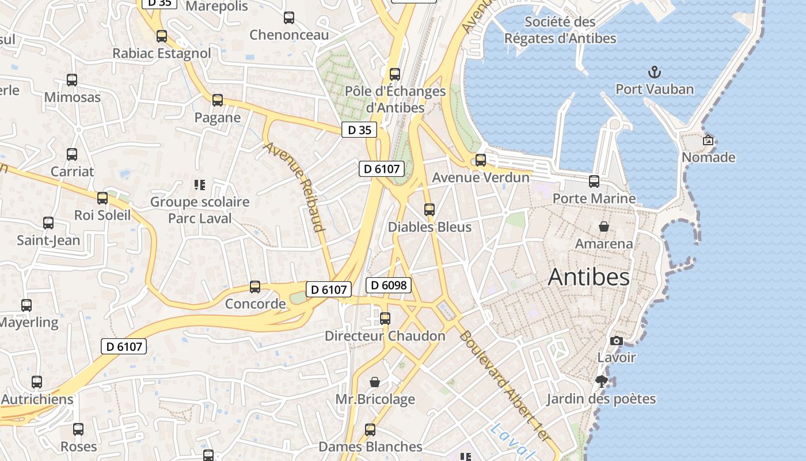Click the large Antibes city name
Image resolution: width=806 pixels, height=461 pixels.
click(x=588, y=277)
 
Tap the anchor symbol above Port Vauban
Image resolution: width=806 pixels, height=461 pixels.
click(x=654, y=72)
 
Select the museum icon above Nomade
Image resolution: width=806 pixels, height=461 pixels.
click(x=708, y=139)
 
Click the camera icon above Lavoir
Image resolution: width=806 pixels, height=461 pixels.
click(x=616, y=341)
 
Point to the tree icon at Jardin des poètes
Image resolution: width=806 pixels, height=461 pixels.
click(x=602, y=381)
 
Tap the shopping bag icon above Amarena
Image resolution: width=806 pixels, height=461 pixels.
click(x=604, y=226)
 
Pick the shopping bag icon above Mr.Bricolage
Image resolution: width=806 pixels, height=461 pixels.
click(x=375, y=381)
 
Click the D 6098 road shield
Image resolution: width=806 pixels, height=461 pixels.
click(x=389, y=285)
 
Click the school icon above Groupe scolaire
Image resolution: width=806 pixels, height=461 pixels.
click(x=200, y=185)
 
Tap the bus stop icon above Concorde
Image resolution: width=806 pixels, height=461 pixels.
click(x=255, y=286)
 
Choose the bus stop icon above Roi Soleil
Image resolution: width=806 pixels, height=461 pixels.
click(x=102, y=198)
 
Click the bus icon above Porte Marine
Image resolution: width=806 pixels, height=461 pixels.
click(x=594, y=182)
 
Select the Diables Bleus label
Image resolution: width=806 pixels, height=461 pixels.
click(x=429, y=227)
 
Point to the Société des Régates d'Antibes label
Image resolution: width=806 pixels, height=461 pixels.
click(x=560, y=30)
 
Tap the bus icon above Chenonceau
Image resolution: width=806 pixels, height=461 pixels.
click(x=289, y=18)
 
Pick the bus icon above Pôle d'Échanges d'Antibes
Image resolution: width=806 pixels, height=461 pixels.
click(x=395, y=74)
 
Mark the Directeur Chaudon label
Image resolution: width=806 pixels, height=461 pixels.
click(x=385, y=336)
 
